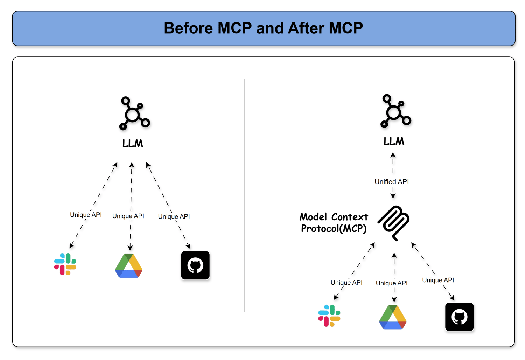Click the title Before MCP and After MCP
click(263, 28)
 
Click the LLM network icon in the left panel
click(134, 114)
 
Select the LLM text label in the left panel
click(133, 143)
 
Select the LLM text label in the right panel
click(394, 141)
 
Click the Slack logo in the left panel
click(65, 264)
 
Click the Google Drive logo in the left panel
click(129, 266)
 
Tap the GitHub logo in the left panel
click(195, 265)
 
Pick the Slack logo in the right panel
click(329, 316)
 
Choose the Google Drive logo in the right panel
click(393, 317)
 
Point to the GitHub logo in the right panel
click(459, 317)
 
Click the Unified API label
click(392, 182)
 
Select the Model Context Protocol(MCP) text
click(334, 223)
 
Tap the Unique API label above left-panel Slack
click(86, 215)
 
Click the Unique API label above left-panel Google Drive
click(128, 216)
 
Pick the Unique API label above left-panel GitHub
click(174, 216)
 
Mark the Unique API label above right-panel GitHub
click(438, 280)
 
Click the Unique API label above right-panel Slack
click(346, 283)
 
